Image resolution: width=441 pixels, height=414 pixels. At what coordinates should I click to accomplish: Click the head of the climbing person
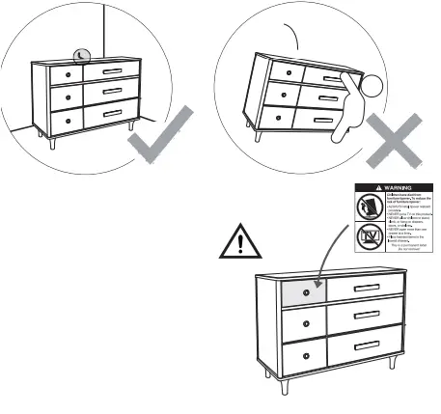pos(372,87)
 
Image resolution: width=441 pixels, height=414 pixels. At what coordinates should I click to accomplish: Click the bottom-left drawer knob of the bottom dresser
pos(306,357)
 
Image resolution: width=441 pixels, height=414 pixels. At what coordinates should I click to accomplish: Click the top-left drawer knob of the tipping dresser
pos(286,71)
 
